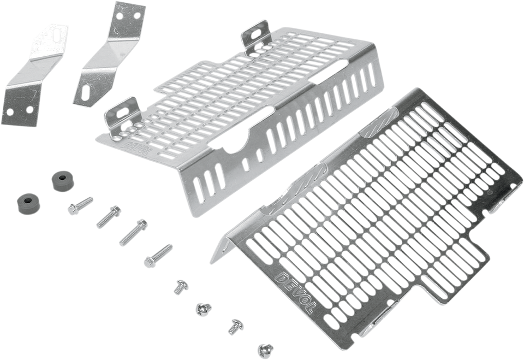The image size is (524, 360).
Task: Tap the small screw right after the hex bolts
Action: pos(179,287)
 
